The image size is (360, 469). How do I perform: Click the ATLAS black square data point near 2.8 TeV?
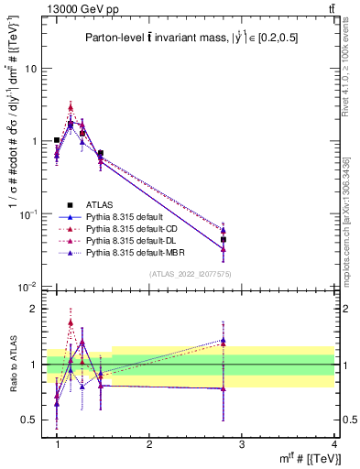(224, 239)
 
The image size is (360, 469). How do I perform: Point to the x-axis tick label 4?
(333, 443)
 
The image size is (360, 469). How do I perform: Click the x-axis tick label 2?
(149, 443)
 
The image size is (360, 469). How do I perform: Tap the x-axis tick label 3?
(241, 443)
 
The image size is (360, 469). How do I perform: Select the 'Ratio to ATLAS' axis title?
(13, 365)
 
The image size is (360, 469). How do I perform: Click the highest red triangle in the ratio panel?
(71, 322)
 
